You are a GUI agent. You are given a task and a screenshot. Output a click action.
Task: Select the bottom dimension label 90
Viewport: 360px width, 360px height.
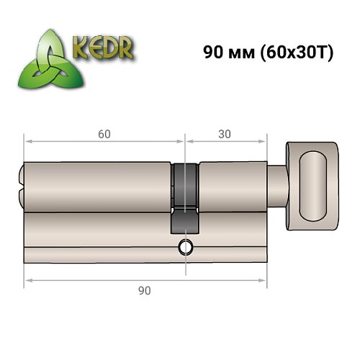(x=145, y=290)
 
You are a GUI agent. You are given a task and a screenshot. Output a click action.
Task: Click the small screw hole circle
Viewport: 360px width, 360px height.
(x=186, y=249)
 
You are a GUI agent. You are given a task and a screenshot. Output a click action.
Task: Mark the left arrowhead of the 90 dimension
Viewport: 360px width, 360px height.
(x=27, y=280)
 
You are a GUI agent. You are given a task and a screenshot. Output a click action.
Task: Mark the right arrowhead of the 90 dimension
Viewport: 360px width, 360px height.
(x=264, y=280)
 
